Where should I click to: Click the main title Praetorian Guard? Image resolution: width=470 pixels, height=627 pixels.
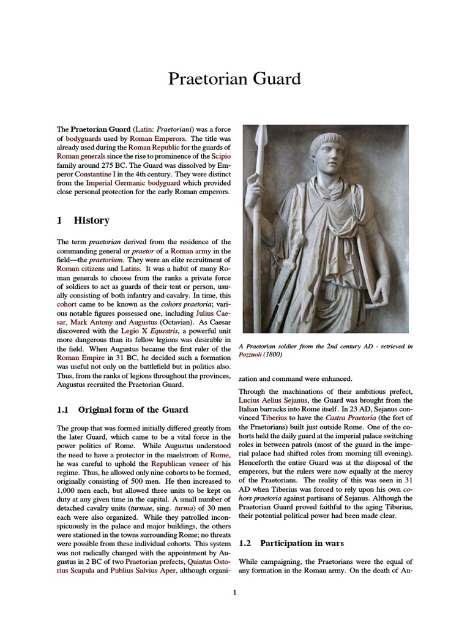coord(235,79)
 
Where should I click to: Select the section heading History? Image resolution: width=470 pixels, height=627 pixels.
coord(92,220)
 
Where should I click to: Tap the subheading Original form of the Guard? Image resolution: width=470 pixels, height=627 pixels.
coord(133,410)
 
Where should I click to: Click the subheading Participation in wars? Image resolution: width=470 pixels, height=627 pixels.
coord(302,543)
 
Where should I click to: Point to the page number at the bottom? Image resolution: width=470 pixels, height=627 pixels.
coord(235,593)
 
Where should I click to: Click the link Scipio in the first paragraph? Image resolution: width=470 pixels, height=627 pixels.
coord(220,157)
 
